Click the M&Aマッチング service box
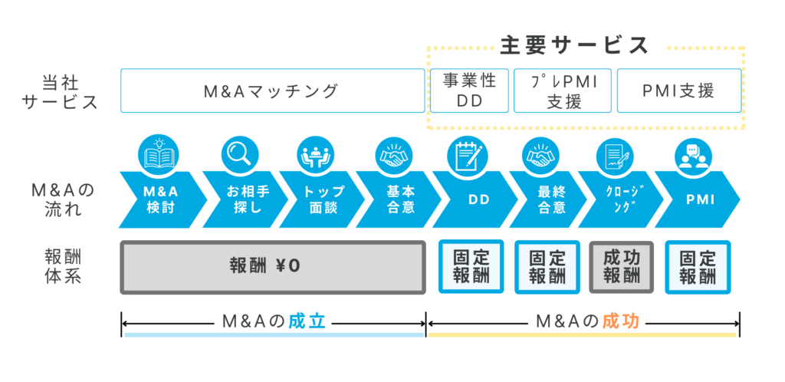point(272,91)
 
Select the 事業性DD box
point(470,91)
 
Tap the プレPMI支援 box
point(563,91)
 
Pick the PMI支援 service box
point(679,91)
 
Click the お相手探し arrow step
point(245,199)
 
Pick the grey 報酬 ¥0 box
point(273,268)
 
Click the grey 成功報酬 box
point(621,268)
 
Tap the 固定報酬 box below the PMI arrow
point(698,268)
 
